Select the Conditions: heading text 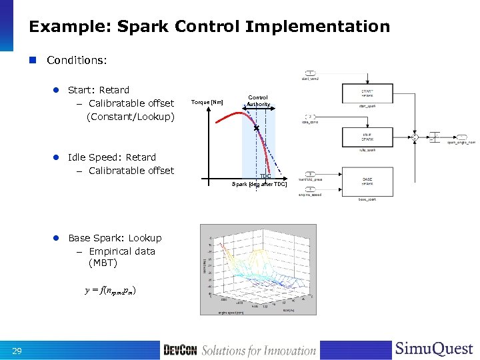(x=77, y=60)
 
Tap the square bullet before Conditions (x=33, y=60)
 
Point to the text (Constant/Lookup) (x=131, y=117)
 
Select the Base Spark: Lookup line (x=115, y=238)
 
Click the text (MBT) (x=103, y=263)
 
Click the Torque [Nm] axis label (x=207, y=102)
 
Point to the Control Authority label (x=258, y=101)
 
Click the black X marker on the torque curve (x=256, y=128)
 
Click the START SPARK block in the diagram (x=367, y=93)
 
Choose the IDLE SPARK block (x=367, y=137)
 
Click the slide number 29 (x=17, y=351)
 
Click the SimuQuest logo (x=434, y=349)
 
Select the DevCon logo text (x=180, y=350)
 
